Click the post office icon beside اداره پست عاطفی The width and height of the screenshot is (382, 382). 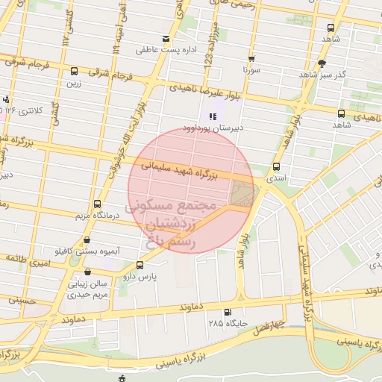pos(165,39)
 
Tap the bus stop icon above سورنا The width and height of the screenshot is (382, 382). pos(251,57)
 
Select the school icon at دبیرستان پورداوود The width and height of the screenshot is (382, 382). pos(212,116)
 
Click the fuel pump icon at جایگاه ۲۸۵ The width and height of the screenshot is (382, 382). pos(227,313)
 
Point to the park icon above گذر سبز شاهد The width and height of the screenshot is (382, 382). pos(322,63)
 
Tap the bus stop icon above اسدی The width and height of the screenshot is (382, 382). pos(277,167)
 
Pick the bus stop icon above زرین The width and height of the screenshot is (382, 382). pos(73,72)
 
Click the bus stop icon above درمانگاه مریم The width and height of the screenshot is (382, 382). pos(98,204)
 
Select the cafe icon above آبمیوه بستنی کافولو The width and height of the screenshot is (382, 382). pos(88,240)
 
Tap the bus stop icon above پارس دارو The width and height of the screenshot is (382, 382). pos(140,265)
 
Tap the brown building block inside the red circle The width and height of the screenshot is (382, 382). pos(242,192)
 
